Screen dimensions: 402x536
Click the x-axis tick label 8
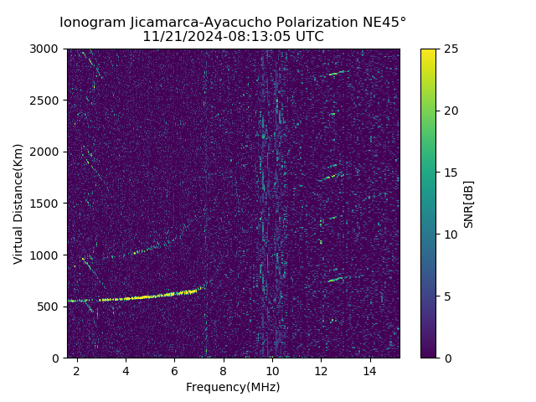(x=223, y=371)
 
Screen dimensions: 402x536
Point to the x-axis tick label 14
(x=369, y=371)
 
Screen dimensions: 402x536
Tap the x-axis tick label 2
(x=77, y=371)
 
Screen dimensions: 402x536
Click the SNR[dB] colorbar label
(x=469, y=204)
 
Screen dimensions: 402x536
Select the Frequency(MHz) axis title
(x=233, y=387)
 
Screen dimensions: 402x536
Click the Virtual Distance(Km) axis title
(x=18, y=204)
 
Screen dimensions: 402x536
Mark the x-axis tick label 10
(x=271, y=371)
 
